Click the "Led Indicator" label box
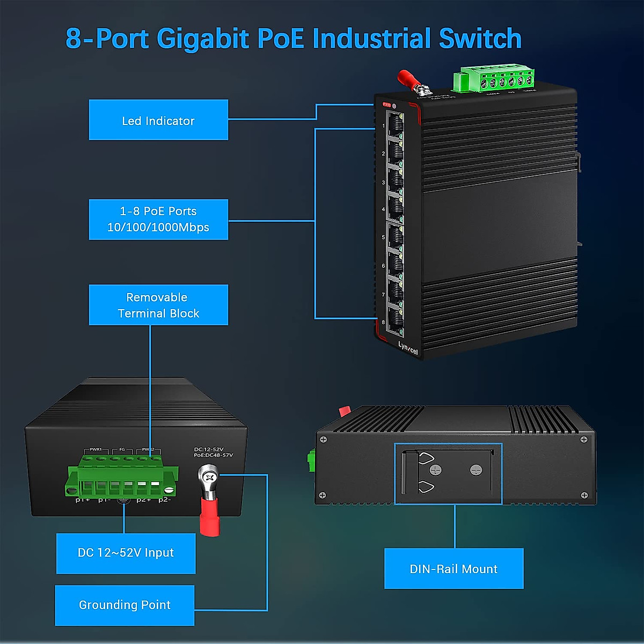click(158, 120)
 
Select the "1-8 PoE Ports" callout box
click(158, 219)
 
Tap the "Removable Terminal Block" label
click(158, 305)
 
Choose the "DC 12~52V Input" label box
click(126, 553)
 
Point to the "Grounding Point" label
click(125, 605)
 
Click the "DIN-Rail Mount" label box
click(453, 569)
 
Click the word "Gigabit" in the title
click(203, 39)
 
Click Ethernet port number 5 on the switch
click(395, 237)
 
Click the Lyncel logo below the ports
click(407, 348)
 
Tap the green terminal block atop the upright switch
click(494, 80)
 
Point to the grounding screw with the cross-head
click(208, 475)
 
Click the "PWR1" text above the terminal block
click(96, 449)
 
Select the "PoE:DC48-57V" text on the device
click(213, 455)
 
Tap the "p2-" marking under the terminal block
click(164, 500)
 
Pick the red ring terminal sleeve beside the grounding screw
click(209, 516)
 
